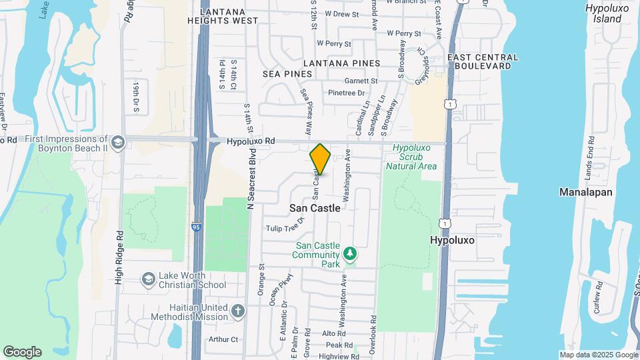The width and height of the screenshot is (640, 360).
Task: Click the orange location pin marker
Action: [x=320, y=159]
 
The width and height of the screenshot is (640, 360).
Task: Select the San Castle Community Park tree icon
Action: [x=349, y=253]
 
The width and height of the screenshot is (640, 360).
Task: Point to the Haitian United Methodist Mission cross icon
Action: [x=238, y=310]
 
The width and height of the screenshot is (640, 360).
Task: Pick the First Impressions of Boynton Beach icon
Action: [x=117, y=143]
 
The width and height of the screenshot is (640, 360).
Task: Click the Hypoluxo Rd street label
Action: [x=251, y=141]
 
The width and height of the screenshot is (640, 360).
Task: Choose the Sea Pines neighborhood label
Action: [x=287, y=73]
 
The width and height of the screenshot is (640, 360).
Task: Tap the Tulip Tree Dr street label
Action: [x=285, y=229]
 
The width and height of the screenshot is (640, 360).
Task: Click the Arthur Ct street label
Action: [x=223, y=339]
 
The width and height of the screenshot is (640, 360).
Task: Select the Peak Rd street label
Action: [x=339, y=345]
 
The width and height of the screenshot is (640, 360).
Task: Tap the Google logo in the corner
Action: [x=22, y=352]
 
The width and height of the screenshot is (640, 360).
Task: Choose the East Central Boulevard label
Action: [x=483, y=62]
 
